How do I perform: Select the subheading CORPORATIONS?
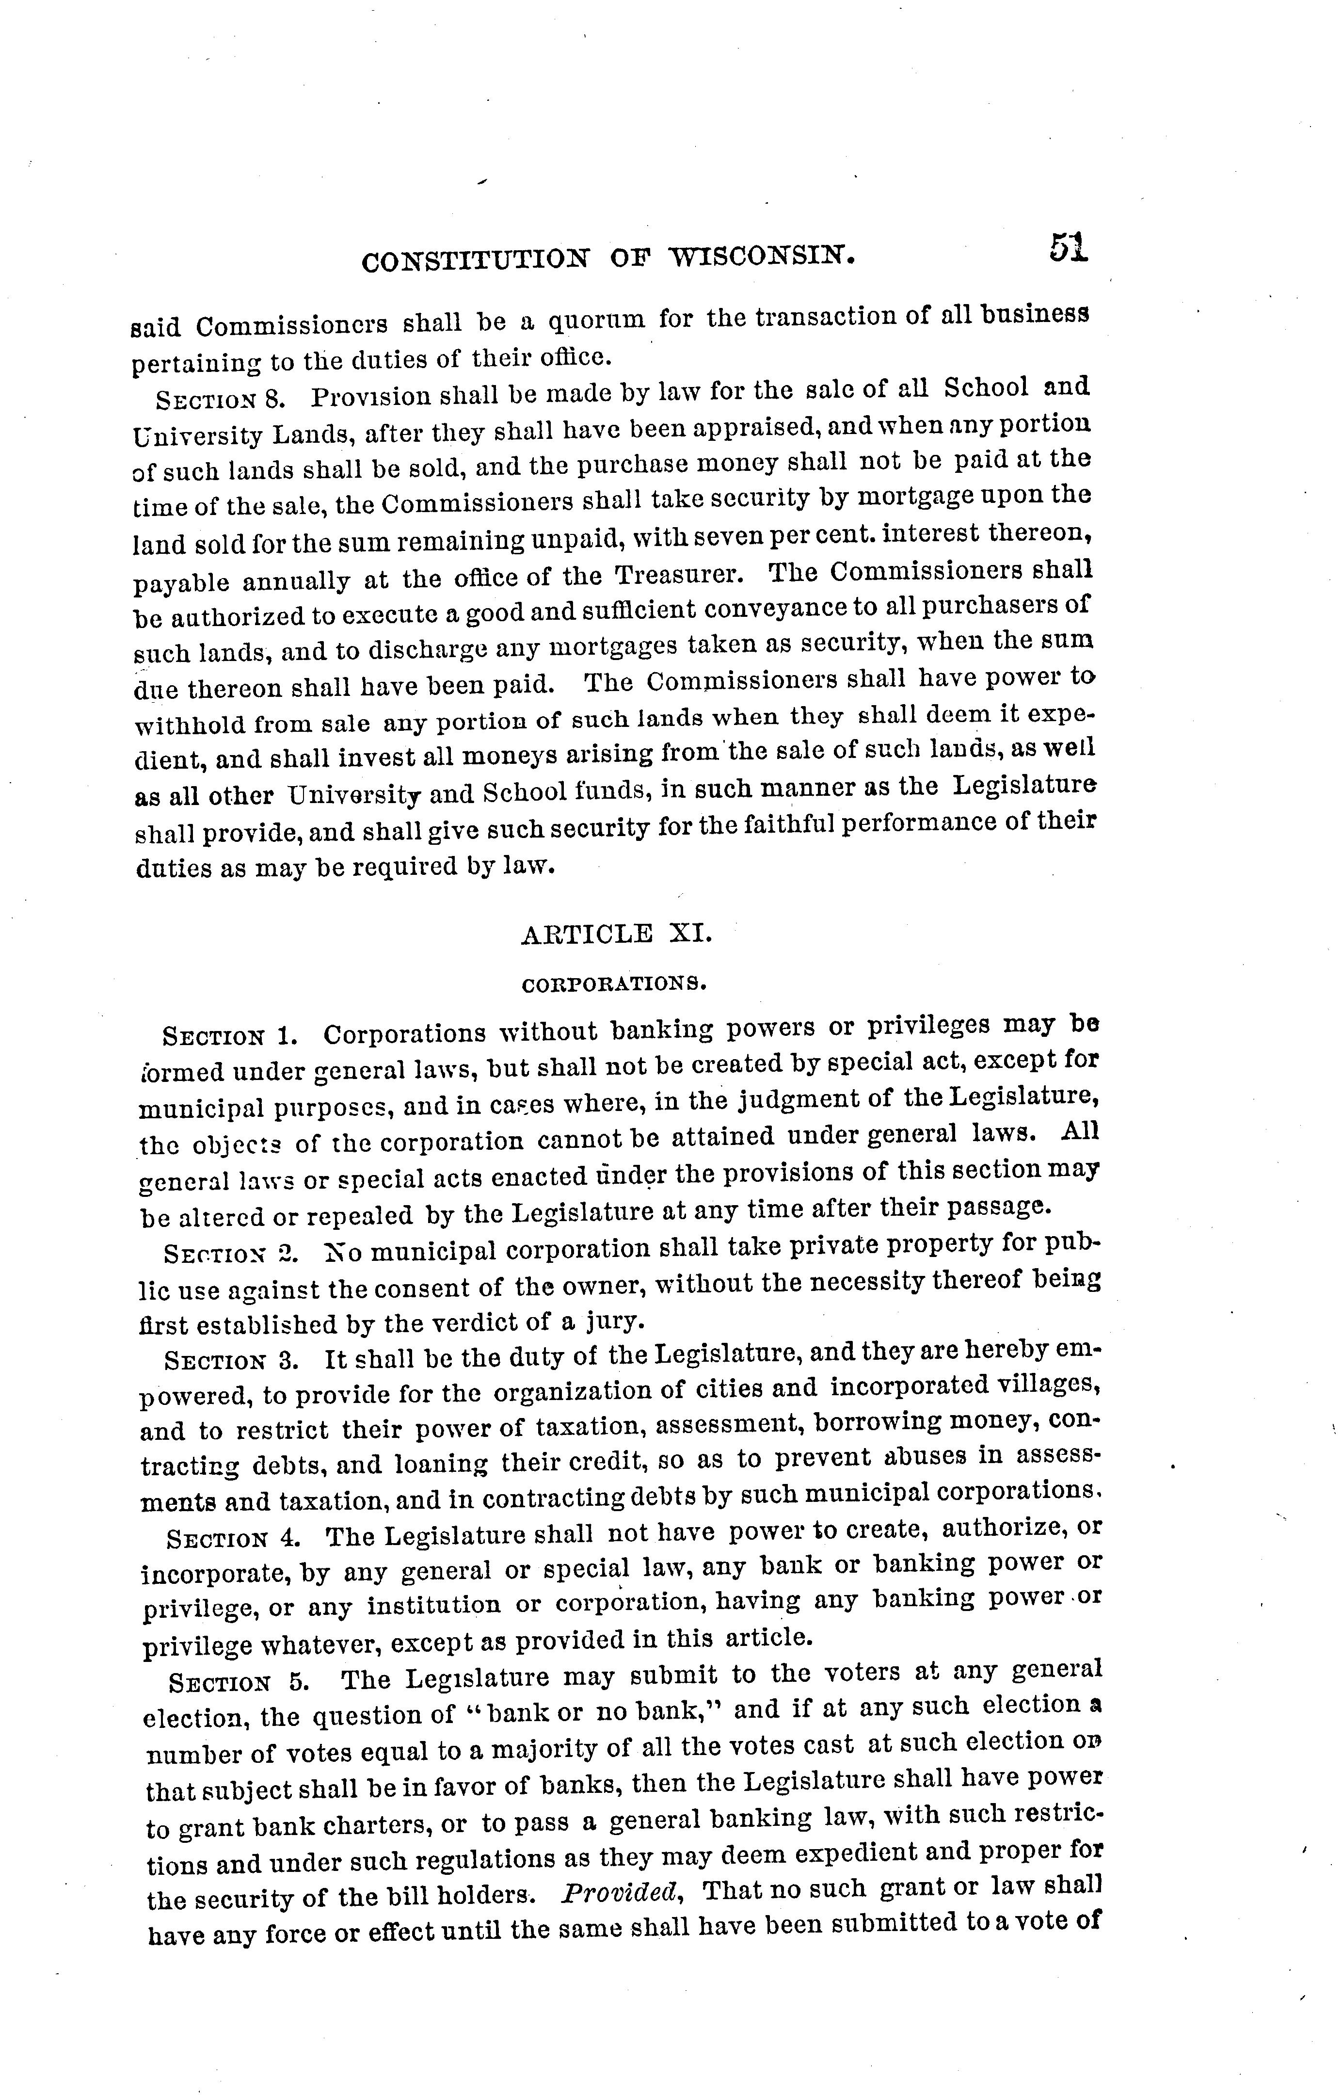tap(613, 985)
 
